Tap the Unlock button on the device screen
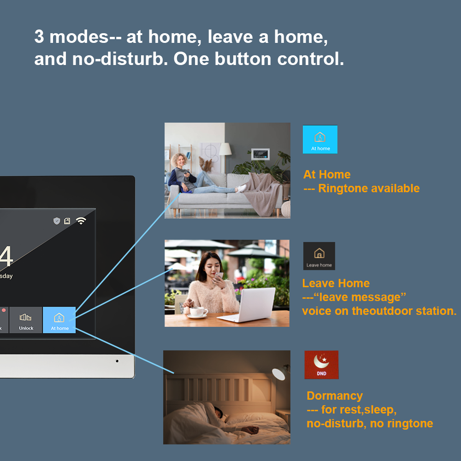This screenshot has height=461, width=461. pyautogui.click(x=26, y=320)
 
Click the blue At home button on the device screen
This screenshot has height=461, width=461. pyautogui.click(x=59, y=320)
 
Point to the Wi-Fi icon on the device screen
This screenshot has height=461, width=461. pyautogui.click(x=81, y=220)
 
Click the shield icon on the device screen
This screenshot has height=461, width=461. pyautogui.click(x=57, y=221)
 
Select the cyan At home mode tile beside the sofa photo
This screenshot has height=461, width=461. pyautogui.click(x=320, y=139)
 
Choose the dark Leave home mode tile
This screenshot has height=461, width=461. pyautogui.click(x=319, y=256)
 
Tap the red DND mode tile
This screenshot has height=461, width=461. pyautogui.click(x=321, y=365)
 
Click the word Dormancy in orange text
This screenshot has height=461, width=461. pyautogui.click(x=335, y=396)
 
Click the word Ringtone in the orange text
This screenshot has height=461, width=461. pyautogui.click(x=343, y=189)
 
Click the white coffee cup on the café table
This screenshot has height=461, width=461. pyautogui.click(x=198, y=312)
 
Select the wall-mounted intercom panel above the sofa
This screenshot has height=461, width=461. pyautogui.click(x=260, y=154)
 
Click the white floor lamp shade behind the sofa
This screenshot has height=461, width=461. pyautogui.click(x=225, y=149)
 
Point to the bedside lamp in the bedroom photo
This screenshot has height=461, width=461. pyautogui.click(x=280, y=373)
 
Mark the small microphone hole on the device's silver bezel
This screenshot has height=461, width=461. pyautogui.click(x=117, y=361)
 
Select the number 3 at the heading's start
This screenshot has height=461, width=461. pyautogui.click(x=39, y=37)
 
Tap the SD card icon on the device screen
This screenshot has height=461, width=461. pyautogui.click(x=67, y=221)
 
